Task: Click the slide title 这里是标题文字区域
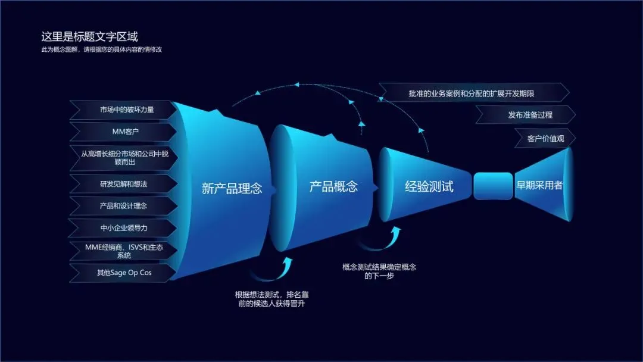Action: tap(89, 37)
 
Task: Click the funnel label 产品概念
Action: tap(333, 186)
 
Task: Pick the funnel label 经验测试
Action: tap(429, 186)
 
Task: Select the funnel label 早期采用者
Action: tap(539, 185)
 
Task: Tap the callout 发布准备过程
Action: tap(530, 115)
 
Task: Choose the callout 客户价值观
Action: tap(545, 139)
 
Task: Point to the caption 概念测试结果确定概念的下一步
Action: tap(379, 271)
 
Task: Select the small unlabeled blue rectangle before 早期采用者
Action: tap(493, 186)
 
